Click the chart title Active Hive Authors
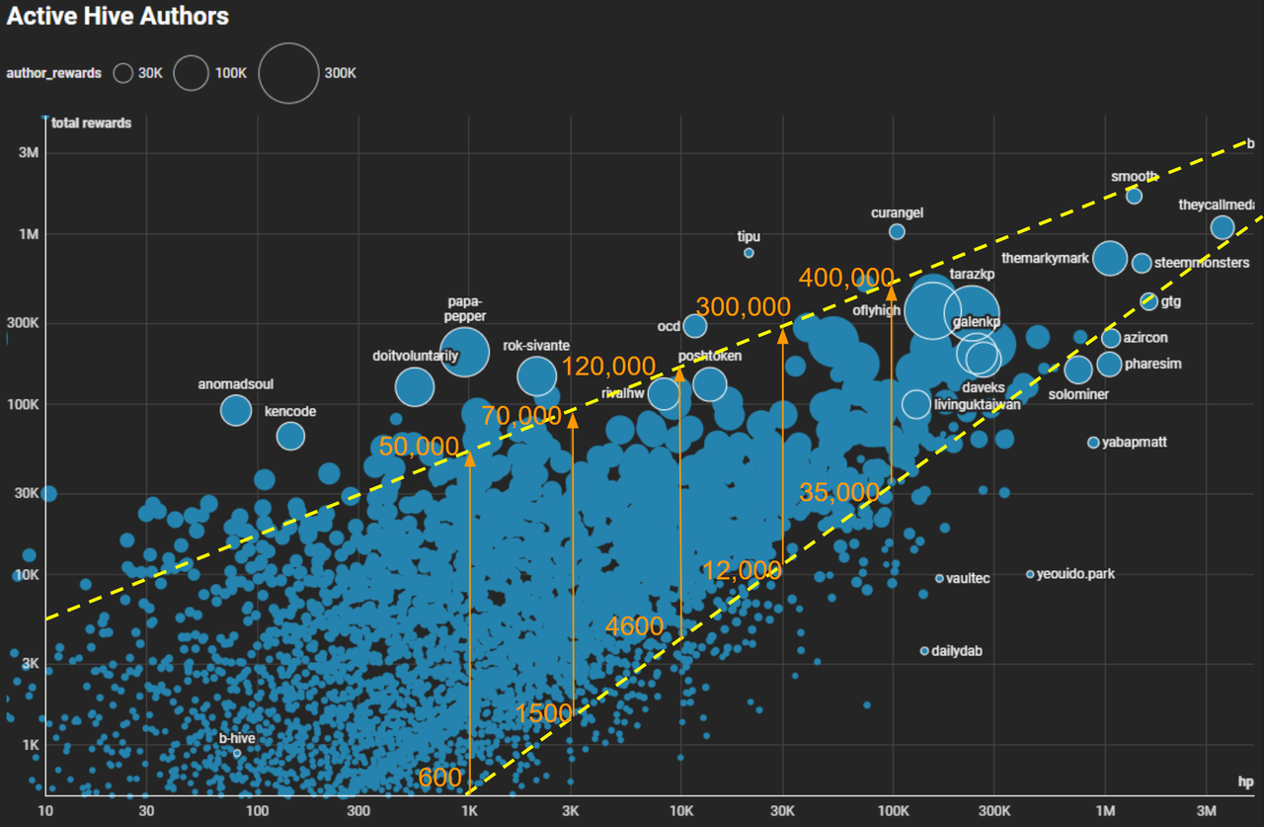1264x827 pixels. (x=118, y=17)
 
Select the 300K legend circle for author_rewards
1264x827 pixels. (x=288, y=73)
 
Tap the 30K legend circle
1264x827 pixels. (x=123, y=73)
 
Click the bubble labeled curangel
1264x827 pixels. (x=897, y=231)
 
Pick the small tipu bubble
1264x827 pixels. (x=749, y=253)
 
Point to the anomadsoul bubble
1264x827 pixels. (x=236, y=409)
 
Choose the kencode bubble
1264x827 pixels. (x=290, y=435)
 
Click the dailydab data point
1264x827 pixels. (x=924, y=651)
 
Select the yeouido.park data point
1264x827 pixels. (x=1030, y=574)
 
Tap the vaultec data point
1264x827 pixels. (x=939, y=578)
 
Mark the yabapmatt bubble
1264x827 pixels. (x=1093, y=443)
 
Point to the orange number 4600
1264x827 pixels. (x=634, y=625)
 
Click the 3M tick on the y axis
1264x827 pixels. (x=27, y=153)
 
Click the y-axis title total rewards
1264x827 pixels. (x=91, y=124)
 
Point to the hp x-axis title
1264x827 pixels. (x=1245, y=781)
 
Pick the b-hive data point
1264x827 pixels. (x=237, y=753)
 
